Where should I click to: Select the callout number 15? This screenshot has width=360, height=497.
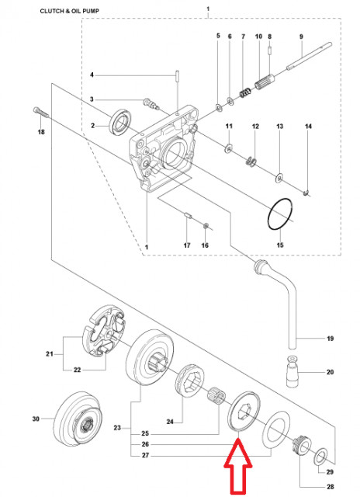[x=281, y=245]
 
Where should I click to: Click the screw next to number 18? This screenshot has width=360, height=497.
[x=40, y=113]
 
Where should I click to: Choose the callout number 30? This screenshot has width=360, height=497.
[x=35, y=419]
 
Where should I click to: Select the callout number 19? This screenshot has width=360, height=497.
[x=329, y=339]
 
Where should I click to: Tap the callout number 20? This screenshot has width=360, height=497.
[x=329, y=373]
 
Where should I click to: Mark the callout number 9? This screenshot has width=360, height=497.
[x=300, y=36]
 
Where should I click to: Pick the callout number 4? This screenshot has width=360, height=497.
[x=92, y=75]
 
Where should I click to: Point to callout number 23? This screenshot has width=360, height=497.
[x=117, y=427]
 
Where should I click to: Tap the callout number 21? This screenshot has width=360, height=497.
[x=50, y=355]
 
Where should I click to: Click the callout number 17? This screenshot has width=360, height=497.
[x=186, y=245]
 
